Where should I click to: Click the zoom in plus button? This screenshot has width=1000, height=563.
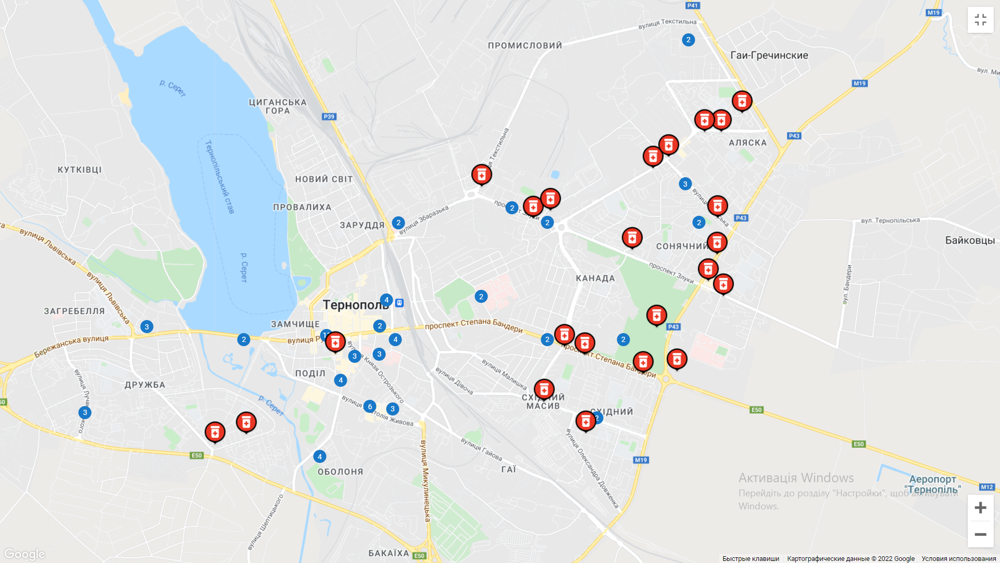pyautogui.click(x=980, y=508)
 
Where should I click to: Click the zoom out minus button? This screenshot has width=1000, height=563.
pyautogui.click(x=980, y=534)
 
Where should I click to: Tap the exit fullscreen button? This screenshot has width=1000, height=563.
pyautogui.click(x=980, y=20)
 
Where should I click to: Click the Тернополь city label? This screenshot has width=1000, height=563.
pyautogui.click(x=355, y=305)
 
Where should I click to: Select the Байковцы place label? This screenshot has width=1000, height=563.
pyautogui.click(x=970, y=240)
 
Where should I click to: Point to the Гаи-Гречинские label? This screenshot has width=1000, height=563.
pyautogui.click(x=769, y=55)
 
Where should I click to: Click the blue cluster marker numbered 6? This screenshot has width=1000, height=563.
pyautogui.click(x=370, y=407)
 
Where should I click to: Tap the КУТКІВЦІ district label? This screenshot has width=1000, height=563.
pyautogui.click(x=80, y=170)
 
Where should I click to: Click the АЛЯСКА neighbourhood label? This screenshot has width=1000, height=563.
pyautogui.click(x=747, y=143)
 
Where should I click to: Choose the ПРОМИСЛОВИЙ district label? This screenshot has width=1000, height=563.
pyautogui.click(x=525, y=46)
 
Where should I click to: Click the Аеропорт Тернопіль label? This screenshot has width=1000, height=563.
pyautogui.click(x=932, y=484)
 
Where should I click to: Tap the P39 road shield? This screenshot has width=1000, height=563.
pyautogui.click(x=329, y=117)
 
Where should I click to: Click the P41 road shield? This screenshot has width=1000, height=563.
pyautogui.click(x=692, y=6)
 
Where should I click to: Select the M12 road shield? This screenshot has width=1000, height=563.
pyautogui.click(x=986, y=487)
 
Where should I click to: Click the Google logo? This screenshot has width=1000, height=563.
pyautogui.click(x=24, y=554)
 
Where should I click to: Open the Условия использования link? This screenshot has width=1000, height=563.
pyautogui.click(x=958, y=559)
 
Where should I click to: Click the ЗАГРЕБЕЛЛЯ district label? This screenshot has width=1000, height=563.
pyautogui.click(x=74, y=311)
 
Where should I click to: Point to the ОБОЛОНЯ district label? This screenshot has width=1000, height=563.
pyautogui.click(x=341, y=472)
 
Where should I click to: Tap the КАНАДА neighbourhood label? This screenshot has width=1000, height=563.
pyautogui.click(x=595, y=278)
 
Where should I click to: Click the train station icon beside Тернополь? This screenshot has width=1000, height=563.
pyautogui.click(x=399, y=303)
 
